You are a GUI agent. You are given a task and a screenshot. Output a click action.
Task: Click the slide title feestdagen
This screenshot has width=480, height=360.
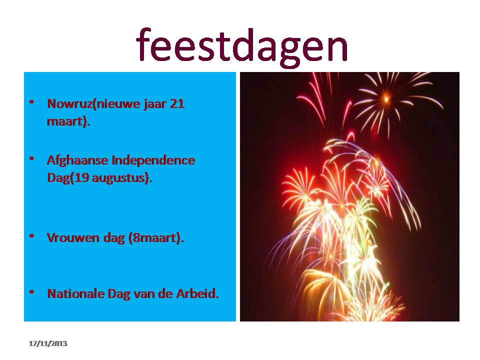tap(242, 46)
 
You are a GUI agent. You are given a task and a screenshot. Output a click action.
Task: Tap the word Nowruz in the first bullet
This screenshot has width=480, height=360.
tap(69, 104)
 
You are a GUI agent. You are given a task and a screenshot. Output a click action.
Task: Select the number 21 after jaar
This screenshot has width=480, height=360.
tap(177, 104)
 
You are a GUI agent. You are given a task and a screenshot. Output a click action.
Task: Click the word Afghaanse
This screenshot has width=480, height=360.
tap(77, 160)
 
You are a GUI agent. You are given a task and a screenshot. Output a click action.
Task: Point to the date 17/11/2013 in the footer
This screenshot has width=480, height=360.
tap(48, 343)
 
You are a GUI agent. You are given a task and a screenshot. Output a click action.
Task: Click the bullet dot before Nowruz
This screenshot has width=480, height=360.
tap(31, 102)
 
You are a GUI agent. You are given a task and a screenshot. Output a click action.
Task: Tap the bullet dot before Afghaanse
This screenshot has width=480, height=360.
tap(31, 158)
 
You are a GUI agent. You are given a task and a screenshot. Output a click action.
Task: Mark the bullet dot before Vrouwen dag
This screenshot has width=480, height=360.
tap(31, 236)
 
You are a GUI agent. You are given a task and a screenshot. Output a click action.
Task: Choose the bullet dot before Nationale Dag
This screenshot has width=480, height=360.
tap(31, 292)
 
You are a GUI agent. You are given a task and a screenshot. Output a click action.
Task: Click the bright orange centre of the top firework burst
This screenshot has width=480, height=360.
tap(386, 99)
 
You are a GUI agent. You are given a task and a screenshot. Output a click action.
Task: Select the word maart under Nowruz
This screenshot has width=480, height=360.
tap(65, 121)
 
